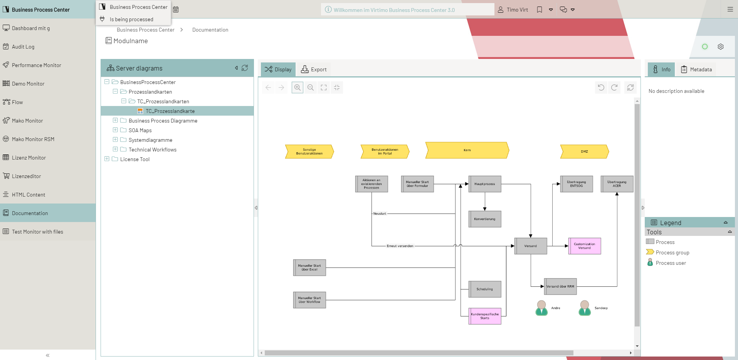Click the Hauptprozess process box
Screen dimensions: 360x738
coord(485,184)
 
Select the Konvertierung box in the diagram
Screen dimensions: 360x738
coord(485,219)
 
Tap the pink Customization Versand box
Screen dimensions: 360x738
coord(585,246)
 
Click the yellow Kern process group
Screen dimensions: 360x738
coord(467,150)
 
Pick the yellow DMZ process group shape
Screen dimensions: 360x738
coord(584,151)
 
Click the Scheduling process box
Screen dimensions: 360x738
coord(485,289)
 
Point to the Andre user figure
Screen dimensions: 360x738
coord(541,308)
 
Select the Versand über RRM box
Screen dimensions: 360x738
coord(560,286)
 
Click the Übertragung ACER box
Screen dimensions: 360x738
coord(617,184)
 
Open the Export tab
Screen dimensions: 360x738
coord(314,69)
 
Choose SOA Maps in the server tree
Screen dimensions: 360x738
coord(140,130)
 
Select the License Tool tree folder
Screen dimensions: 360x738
coord(134,159)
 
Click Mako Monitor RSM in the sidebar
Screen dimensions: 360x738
coord(33,139)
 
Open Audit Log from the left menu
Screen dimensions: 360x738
coord(23,47)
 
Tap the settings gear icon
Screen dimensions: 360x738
coord(721,47)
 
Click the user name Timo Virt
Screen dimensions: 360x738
coord(517,10)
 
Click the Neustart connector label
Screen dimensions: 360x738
coord(380,214)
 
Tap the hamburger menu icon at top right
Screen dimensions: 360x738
coord(730,10)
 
